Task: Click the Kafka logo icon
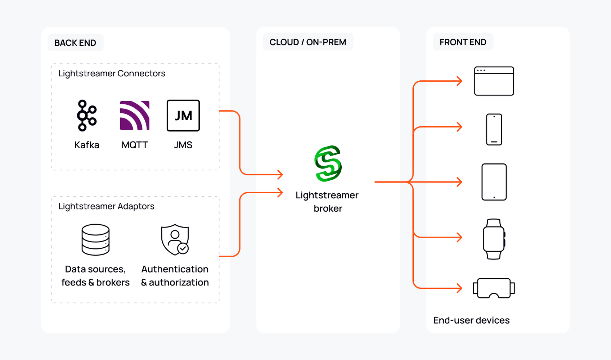(x=86, y=116)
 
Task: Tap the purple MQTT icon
(x=135, y=116)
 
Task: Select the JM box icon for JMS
(x=183, y=116)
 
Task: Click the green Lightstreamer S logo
(x=328, y=164)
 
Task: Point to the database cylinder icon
(x=95, y=240)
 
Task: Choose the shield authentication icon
(x=175, y=240)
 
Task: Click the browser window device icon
(x=494, y=81)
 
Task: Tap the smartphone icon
(x=494, y=130)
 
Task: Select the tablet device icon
(x=494, y=182)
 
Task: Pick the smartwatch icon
(x=494, y=239)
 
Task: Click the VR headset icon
(x=494, y=288)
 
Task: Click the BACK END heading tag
(x=75, y=43)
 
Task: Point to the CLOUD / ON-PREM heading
(x=308, y=42)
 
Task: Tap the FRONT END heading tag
(x=463, y=42)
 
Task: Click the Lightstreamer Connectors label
(x=112, y=73)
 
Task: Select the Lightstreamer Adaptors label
(x=106, y=206)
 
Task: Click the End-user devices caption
(x=471, y=320)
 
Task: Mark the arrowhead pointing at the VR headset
(x=460, y=288)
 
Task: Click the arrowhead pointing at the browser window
(x=460, y=81)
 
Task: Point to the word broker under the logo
(x=328, y=208)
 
